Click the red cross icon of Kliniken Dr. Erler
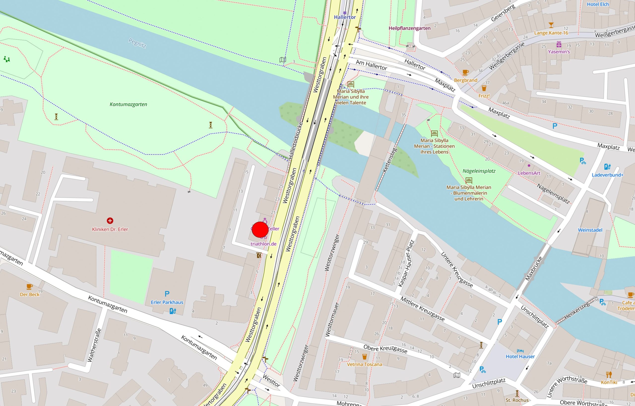pyautogui.click(x=110, y=221)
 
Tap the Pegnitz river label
pyautogui.click(x=137, y=43)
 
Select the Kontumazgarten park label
pyautogui.click(x=128, y=104)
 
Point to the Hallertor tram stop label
pyautogui.click(x=345, y=17)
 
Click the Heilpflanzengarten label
pyautogui.click(x=409, y=28)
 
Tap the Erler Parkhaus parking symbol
pyautogui.click(x=167, y=294)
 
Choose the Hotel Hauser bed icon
pyautogui.click(x=520, y=351)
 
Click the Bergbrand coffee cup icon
pyautogui.click(x=465, y=72)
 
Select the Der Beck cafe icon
pyautogui.click(x=30, y=286)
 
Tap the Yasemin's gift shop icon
pyautogui.click(x=559, y=44)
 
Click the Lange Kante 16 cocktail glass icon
pyautogui.click(x=551, y=25)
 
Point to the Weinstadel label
pyautogui.click(x=590, y=230)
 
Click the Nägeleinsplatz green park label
pyautogui.click(x=479, y=171)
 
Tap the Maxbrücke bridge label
pyautogui.click(x=534, y=268)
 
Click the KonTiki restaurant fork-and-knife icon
pyautogui.click(x=609, y=374)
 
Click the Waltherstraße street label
pyautogui.click(x=95, y=345)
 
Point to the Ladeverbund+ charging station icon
pyautogui.click(x=607, y=167)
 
